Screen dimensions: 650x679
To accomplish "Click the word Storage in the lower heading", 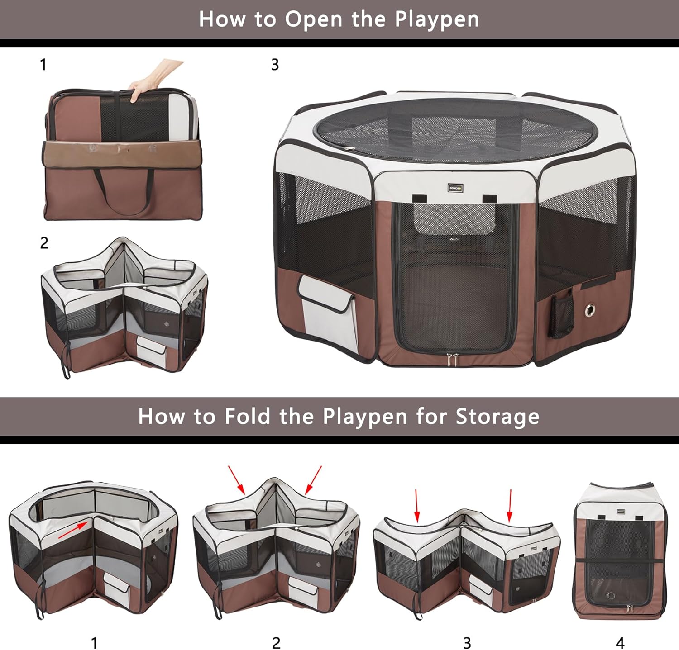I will click(497, 417).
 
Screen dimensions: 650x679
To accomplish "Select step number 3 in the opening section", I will click(275, 65).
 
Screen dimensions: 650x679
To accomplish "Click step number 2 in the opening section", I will click(44, 243).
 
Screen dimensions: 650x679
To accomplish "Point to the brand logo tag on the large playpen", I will click(455, 188).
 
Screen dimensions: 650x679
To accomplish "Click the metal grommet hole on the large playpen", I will click(590, 310).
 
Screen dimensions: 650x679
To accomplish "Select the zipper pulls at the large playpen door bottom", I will click(452, 360).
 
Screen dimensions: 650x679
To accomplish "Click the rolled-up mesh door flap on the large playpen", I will click(454, 218).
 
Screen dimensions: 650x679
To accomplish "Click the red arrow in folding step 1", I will click(72, 530).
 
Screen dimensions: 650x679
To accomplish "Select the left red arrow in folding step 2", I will click(236, 479).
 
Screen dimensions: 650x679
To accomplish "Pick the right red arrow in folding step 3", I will click(510, 505).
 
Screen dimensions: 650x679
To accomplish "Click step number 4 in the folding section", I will click(620, 642).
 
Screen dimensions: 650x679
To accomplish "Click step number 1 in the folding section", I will click(94, 642).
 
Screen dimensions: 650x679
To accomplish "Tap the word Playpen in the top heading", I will click(436, 20).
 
